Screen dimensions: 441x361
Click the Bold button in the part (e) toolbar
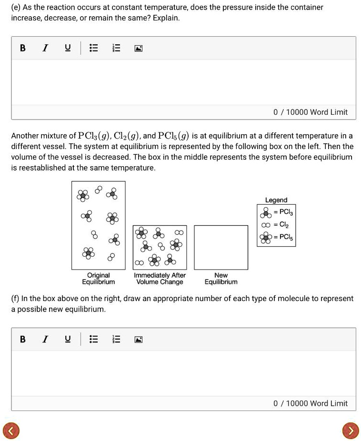(22, 48)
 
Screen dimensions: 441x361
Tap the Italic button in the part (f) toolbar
(45, 339)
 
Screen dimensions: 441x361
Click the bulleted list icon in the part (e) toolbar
(93, 48)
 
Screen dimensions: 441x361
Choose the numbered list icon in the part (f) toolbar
(116, 339)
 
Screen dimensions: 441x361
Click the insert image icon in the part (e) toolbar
(138, 48)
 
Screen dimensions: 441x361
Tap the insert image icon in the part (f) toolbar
(138, 339)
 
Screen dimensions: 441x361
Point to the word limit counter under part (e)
(310, 112)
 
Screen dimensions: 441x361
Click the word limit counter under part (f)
(310, 403)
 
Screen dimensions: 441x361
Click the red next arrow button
(350, 431)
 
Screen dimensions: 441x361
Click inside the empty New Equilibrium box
(221, 247)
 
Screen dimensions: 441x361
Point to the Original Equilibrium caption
(99, 279)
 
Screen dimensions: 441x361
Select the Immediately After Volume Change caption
(160, 279)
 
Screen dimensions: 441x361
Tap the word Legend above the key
(276, 200)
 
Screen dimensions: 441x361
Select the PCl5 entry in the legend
(276, 237)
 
